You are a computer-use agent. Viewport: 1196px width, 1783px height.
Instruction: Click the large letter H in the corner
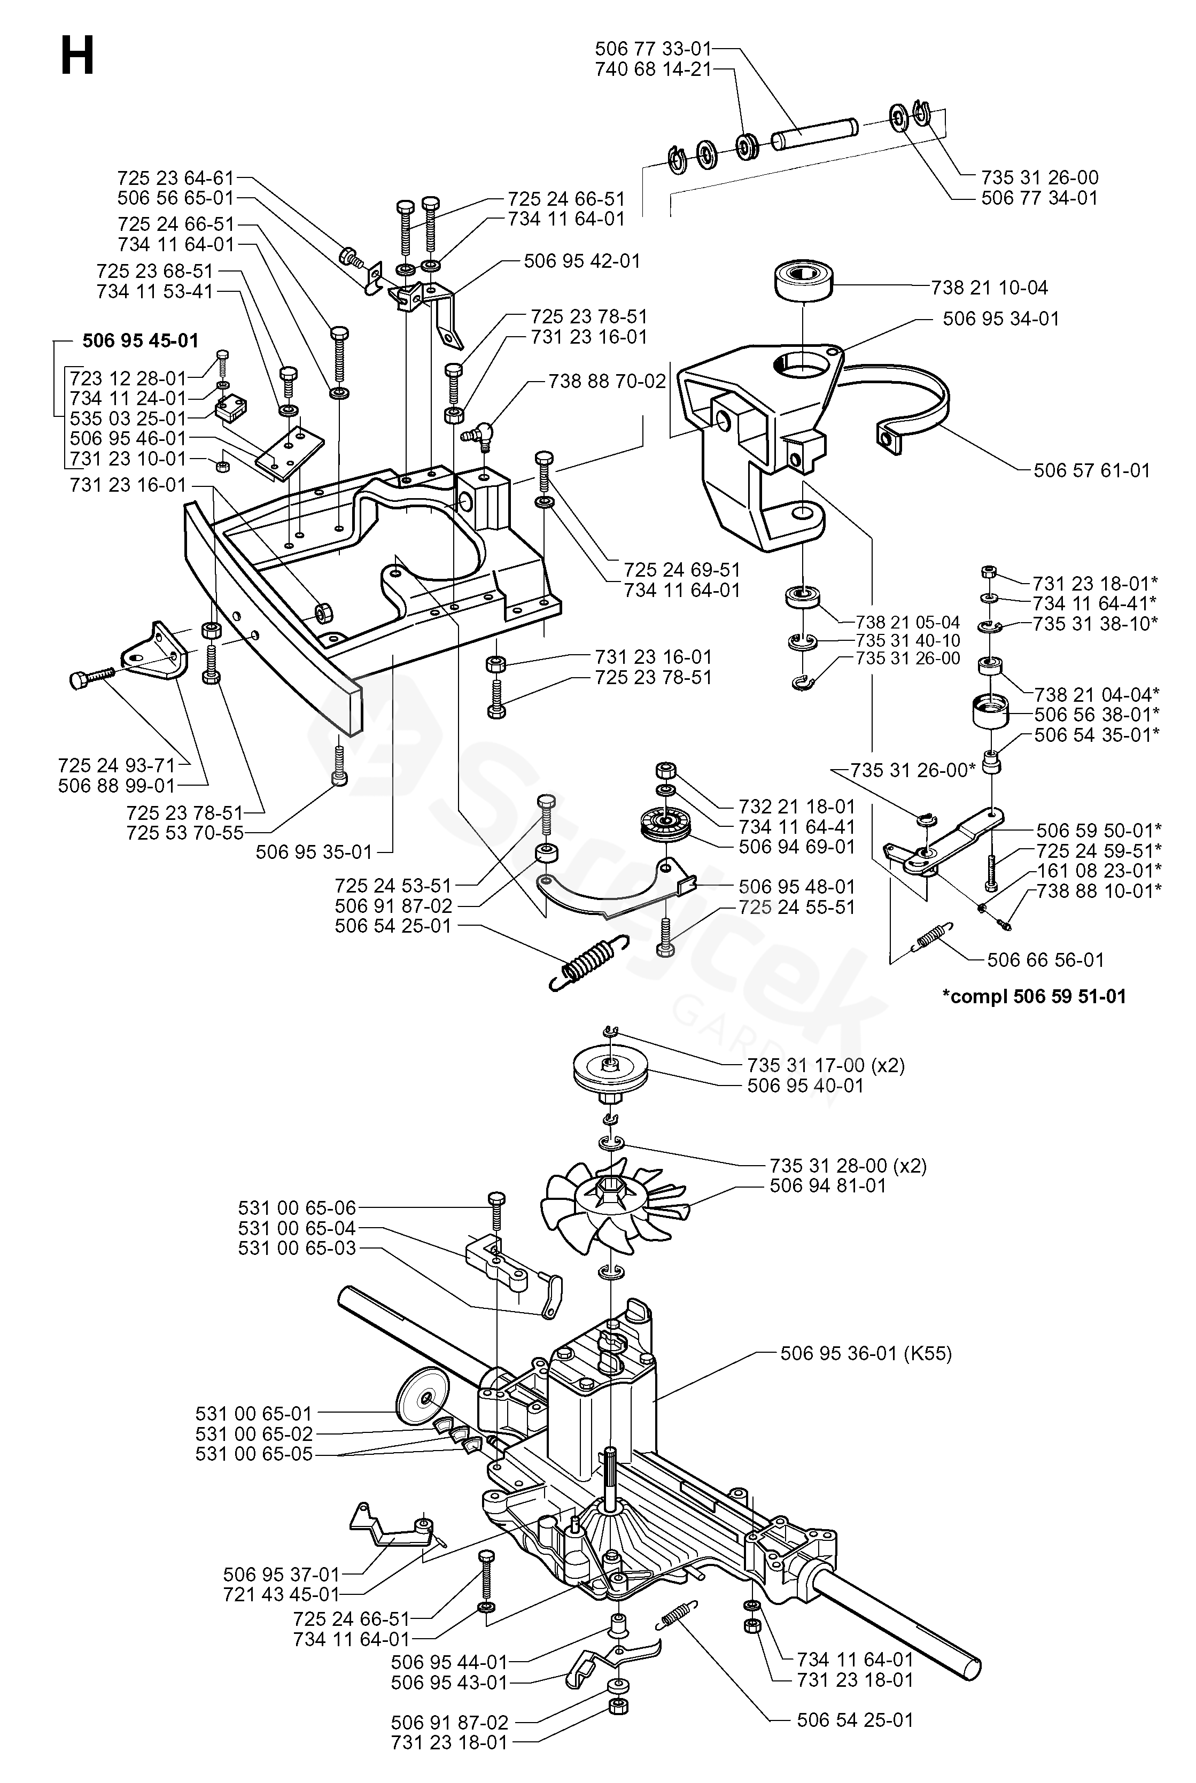[x=77, y=57]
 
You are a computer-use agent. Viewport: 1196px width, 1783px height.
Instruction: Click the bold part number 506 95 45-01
[x=141, y=341]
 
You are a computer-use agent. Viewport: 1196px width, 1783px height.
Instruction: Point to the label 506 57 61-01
[x=1091, y=470]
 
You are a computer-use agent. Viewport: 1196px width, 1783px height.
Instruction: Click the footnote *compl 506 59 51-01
[x=1034, y=996]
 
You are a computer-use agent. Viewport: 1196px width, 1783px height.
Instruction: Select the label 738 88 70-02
[x=607, y=381]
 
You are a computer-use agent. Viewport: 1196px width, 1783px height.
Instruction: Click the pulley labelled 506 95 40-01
[x=610, y=1072]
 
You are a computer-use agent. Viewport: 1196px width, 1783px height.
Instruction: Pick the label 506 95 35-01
[x=314, y=851]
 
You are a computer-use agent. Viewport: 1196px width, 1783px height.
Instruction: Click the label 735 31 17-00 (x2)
[x=826, y=1065]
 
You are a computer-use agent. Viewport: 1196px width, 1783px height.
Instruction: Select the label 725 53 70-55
[x=185, y=833]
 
